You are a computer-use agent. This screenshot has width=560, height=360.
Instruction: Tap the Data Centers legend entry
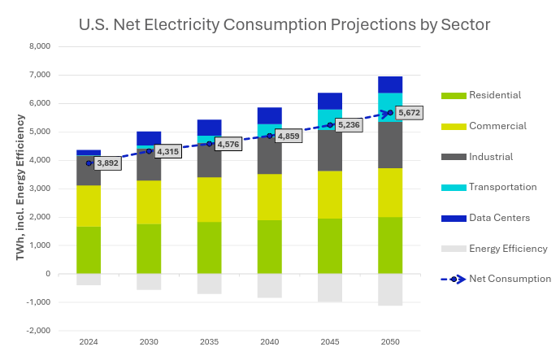click(x=499, y=218)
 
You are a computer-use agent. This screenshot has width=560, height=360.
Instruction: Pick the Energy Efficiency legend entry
click(x=508, y=249)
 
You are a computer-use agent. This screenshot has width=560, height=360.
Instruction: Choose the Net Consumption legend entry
click(x=510, y=279)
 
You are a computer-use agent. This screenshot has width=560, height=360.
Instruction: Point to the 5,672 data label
click(x=410, y=112)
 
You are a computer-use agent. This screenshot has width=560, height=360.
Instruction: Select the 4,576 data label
click(x=228, y=145)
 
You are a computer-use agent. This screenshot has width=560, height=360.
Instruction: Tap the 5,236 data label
click(x=349, y=125)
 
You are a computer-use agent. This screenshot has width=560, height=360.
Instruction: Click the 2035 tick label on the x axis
click(x=209, y=342)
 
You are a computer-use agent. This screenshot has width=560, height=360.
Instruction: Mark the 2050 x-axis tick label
click(x=390, y=342)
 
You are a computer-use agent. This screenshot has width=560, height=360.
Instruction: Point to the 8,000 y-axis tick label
click(x=40, y=46)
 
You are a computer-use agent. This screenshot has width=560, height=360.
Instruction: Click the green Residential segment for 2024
click(x=89, y=249)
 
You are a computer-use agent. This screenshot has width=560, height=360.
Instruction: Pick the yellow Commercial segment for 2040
click(x=269, y=197)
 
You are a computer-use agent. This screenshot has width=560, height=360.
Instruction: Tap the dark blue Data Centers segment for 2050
click(x=390, y=85)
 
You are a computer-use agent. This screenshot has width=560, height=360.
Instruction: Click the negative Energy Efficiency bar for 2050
click(x=390, y=289)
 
